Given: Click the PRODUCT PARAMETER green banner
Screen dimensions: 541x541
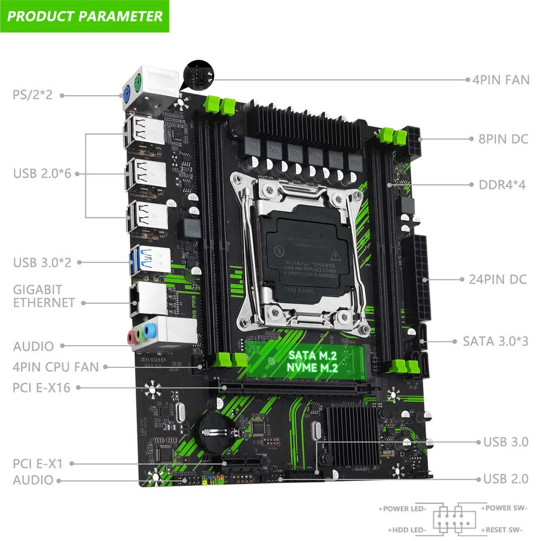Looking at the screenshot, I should (85, 16).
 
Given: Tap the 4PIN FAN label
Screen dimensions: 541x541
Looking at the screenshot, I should (500, 80).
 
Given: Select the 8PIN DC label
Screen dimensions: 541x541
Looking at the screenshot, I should (503, 139).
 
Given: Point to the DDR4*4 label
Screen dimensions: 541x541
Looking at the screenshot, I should (502, 185).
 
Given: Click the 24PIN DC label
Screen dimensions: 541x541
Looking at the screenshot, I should (501, 280).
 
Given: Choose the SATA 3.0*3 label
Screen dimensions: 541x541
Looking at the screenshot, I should (496, 341).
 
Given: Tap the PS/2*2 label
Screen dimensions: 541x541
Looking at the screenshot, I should (32, 95).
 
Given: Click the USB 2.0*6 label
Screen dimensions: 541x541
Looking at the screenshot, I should (42, 174).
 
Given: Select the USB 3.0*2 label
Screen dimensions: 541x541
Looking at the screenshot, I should (42, 262).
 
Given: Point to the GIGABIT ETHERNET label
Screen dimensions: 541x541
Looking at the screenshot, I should (44, 296).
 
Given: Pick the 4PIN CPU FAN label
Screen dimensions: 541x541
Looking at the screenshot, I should (56, 367).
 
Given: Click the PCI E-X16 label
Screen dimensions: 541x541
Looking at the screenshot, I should (41, 387).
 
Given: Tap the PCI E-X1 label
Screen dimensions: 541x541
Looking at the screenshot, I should (38, 464).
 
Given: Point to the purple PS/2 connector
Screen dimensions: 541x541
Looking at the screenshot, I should (127, 94).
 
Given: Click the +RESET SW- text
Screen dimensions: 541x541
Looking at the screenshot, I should (504, 530).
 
